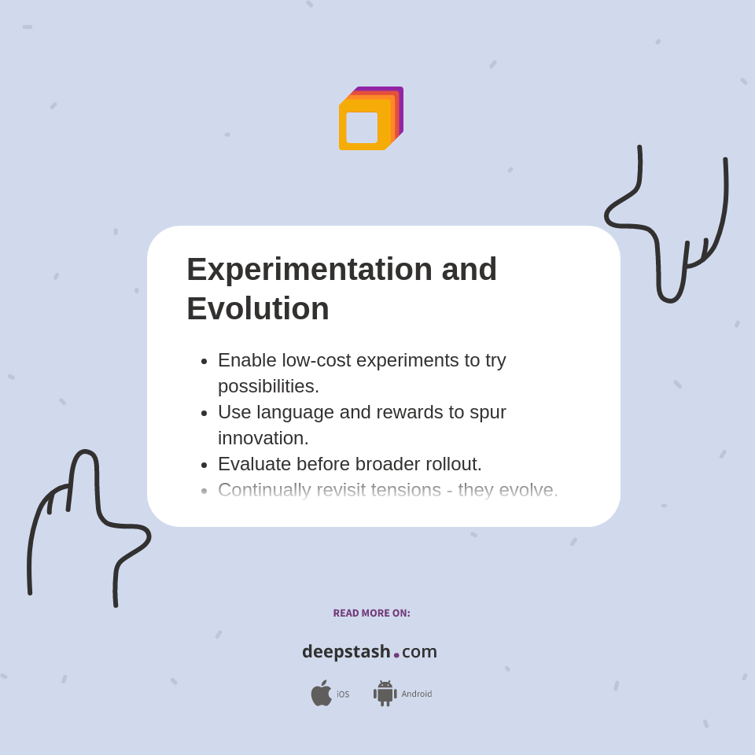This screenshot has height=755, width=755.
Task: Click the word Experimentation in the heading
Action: pos(309,269)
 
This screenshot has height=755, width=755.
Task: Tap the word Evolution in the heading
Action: pos(258,308)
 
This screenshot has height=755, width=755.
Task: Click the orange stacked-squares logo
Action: pos(370,119)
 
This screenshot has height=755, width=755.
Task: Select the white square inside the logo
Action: pos(362,127)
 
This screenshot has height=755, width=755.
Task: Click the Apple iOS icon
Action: pos(321,693)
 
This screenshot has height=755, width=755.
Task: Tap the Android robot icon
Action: pos(385,693)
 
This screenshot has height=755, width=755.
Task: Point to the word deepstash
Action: pos(346,651)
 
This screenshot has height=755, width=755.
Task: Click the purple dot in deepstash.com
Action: pos(396,655)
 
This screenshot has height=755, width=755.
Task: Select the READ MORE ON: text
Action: pos(371,613)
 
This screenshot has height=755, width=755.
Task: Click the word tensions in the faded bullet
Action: pos(400,490)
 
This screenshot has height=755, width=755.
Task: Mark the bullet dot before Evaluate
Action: pos(204,465)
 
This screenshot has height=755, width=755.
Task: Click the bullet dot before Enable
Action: pos(204,361)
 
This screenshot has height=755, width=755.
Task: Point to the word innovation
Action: pos(263,438)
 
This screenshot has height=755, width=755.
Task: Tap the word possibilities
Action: pos(268,386)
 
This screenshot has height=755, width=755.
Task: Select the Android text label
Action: pos(417,694)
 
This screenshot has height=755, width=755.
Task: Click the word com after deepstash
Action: pos(419,651)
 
